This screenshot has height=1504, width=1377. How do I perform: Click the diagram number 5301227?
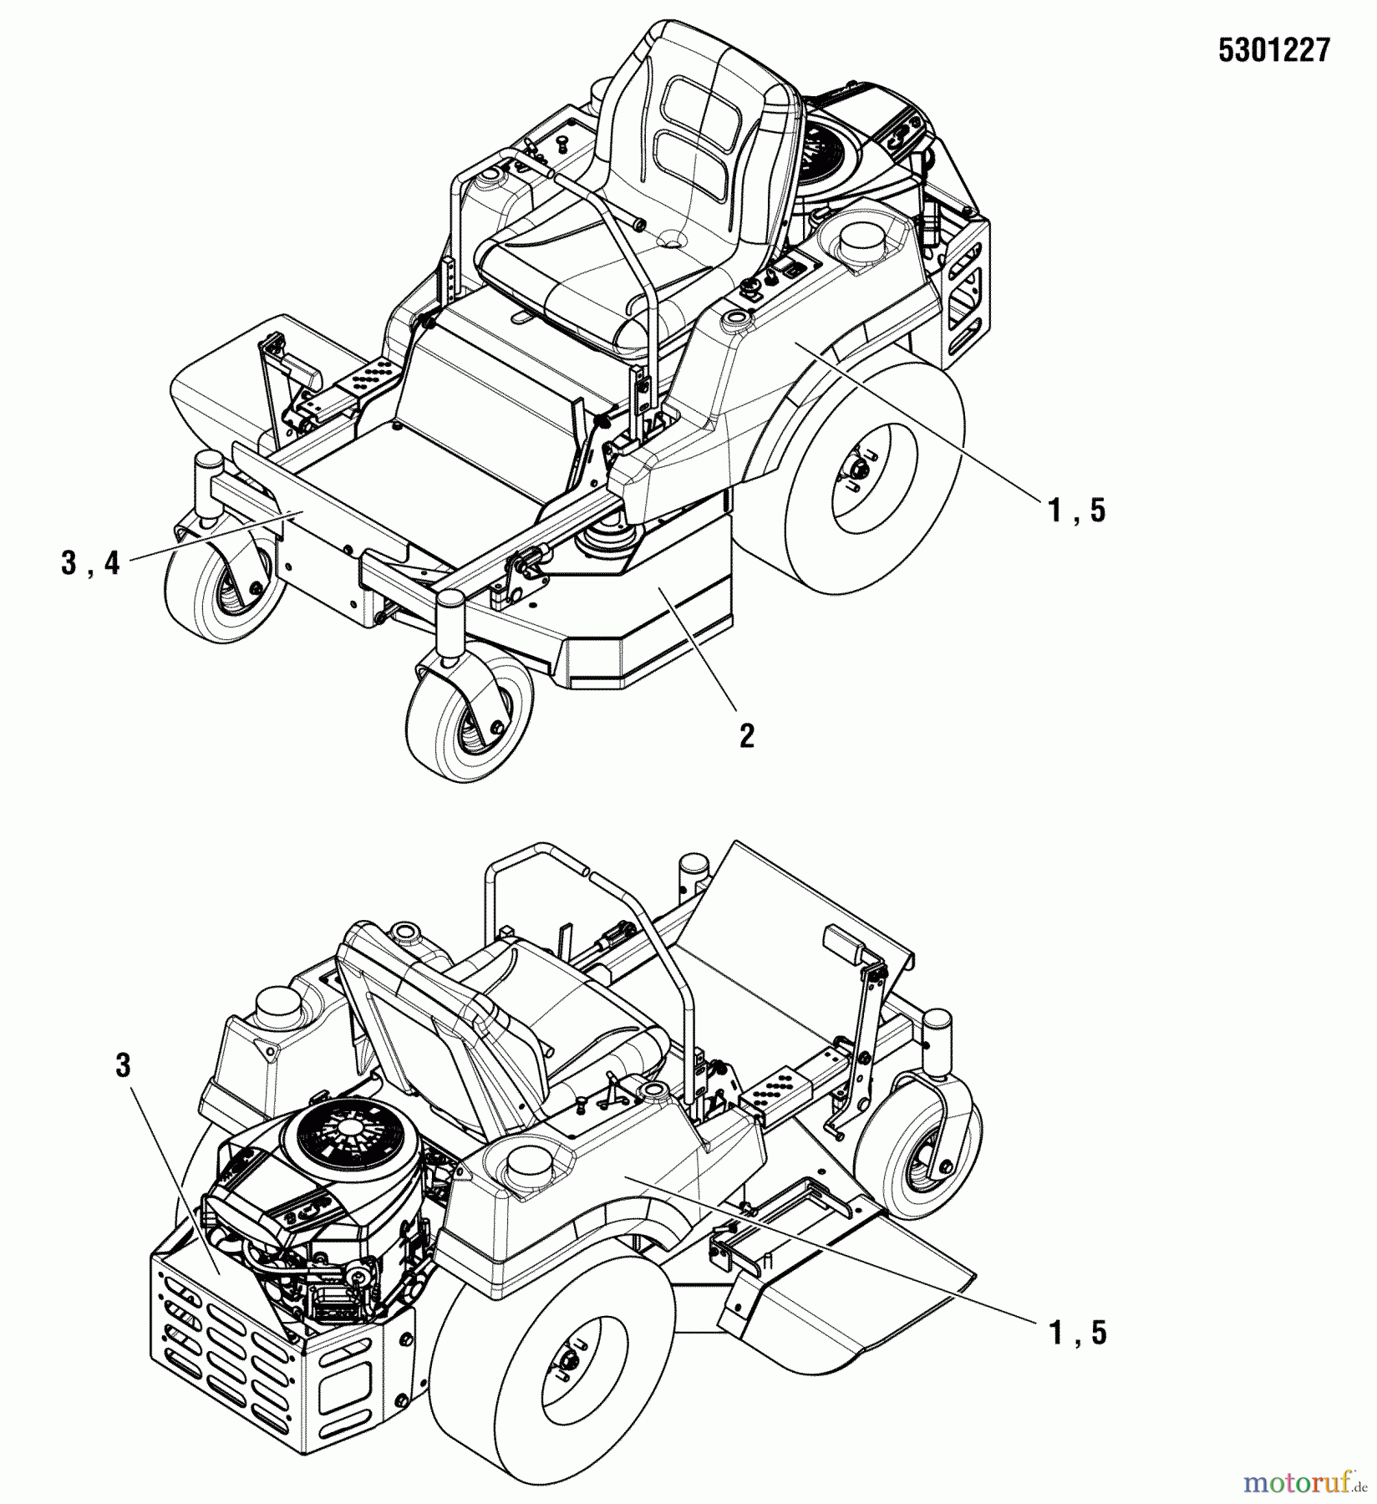point(1273,52)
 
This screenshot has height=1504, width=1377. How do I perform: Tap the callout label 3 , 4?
point(90,564)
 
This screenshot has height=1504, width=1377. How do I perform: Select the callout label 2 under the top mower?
point(746,735)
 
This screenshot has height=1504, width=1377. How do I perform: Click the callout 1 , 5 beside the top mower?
point(1077,509)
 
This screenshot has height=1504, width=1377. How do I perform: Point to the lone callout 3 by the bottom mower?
point(124,1065)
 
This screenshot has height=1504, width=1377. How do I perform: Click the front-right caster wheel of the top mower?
point(468,719)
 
